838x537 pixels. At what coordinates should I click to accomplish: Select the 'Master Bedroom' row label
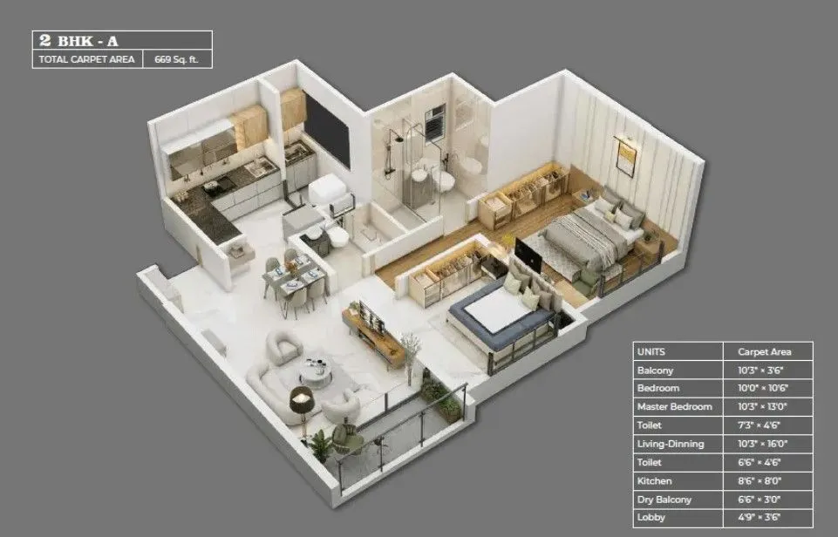(x=674, y=406)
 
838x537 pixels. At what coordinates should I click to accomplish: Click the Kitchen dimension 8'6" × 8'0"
(x=753, y=480)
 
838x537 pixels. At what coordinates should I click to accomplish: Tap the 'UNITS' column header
(x=651, y=352)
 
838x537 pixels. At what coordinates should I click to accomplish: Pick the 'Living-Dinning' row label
(x=671, y=443)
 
